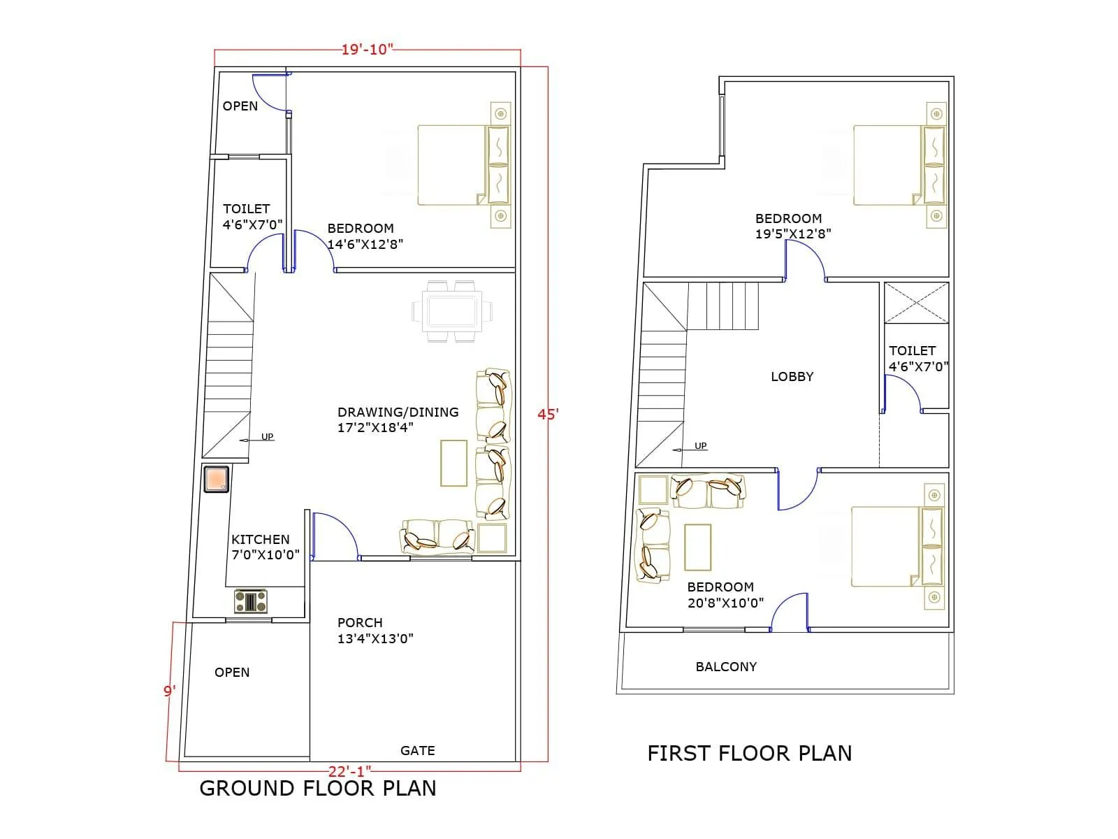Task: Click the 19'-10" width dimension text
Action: (367, 50)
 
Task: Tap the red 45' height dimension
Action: (548, 414)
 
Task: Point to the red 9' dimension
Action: (169, 691)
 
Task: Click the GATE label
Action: (417, 750)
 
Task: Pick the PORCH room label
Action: (360, 622)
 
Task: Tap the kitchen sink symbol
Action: (217, 478)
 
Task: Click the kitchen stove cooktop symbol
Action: (250, 601)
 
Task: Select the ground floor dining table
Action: (451, 310)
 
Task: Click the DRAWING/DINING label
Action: (398, 412)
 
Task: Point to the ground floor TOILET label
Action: (246, 208)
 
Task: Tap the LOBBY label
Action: (792, 376)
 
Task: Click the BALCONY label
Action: (726, 666)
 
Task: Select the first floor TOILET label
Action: (912, 350)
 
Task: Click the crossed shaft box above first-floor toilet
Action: (916, 303)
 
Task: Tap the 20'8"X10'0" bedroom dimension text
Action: (725, 603)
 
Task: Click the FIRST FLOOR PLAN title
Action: (749, 753)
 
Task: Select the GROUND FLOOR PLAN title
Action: (318, 788)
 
